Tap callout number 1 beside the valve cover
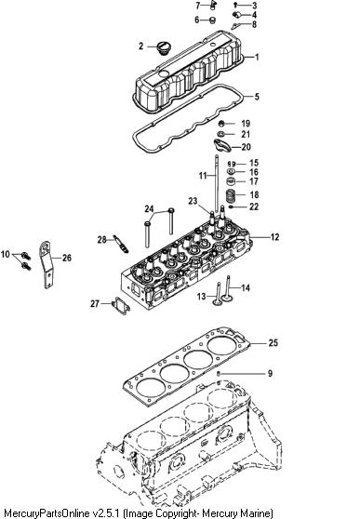pyautogui.click(x=257, y=57)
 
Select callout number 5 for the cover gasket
pyautogui.click(x=257, y=97)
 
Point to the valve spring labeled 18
pyautogui.click(x=232, y=195)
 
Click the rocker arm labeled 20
pyautogui.click(x=222, y=145)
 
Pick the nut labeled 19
pyautogui.click(x=222, y=124)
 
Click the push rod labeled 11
pyautogui.click(x=217, y=183)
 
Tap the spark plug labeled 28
pyautogui.click(x=121, y=245)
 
